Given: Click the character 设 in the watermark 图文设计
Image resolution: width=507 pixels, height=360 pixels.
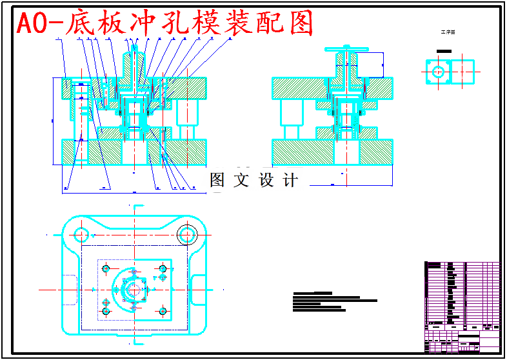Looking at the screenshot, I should pyautogui.click(x=266, y=180).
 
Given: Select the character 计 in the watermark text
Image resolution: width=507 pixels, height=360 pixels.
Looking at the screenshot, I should pyautogui.click(x=291, y=180).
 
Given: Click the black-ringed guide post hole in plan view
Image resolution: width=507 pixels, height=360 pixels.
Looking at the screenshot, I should pyautogui.click(x=188, y=233).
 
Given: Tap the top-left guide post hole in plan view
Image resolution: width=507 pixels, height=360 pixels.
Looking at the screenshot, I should pyautogui.click(x=82, y=234).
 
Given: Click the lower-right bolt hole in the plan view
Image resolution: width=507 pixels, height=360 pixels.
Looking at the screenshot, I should pyautogui.click(x=163, y=312).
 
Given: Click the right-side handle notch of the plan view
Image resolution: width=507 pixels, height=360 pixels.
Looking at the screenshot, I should pyautogui.click(x=199, y=285).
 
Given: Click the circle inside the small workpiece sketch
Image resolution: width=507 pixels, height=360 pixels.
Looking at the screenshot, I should pyautogui.click(x=439, y=71).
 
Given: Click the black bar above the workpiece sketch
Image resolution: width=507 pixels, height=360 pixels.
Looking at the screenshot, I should pyautogui.click(x=444, y=51).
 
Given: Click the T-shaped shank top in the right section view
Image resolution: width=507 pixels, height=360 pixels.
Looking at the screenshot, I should pyautogui.click(x=346, y=50).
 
